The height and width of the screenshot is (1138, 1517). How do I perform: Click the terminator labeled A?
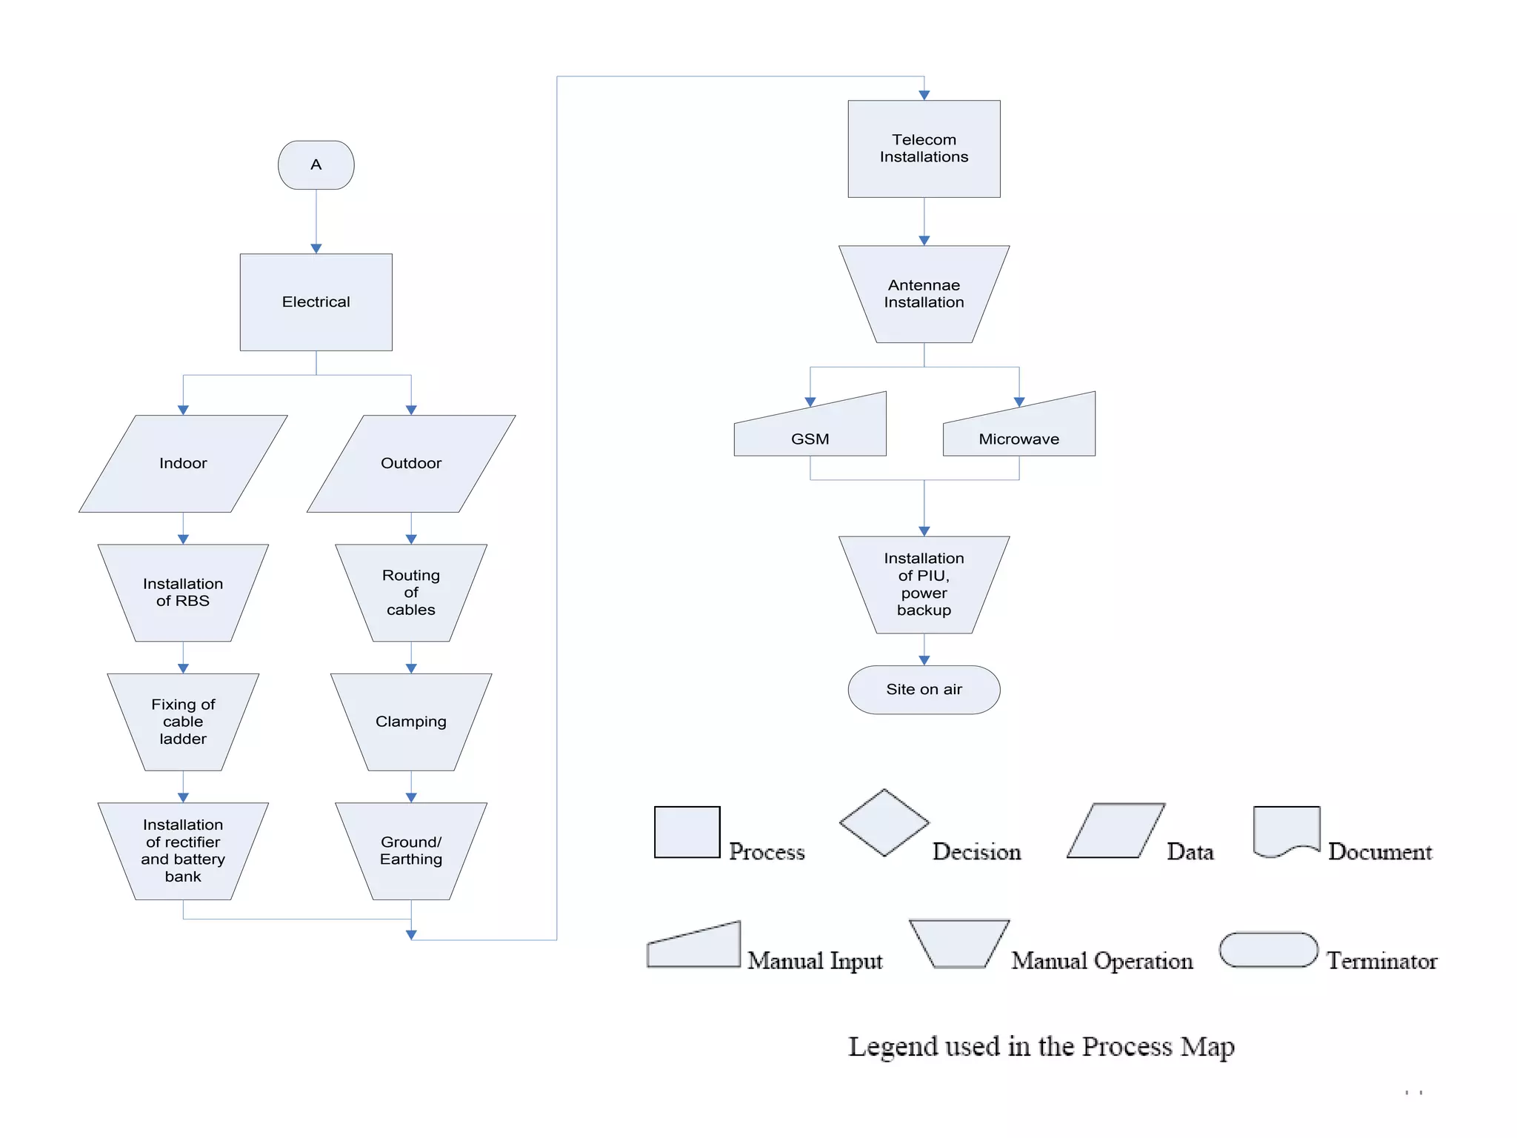pyautogui.click(x=316, y=164)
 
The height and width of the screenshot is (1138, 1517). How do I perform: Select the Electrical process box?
pyautogui.click(x=316, y=302)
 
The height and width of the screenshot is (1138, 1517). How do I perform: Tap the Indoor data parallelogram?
pyautogui.click(x=183, y=463)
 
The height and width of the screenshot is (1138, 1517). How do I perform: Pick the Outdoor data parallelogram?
pyautogui.click(x=411, y=463)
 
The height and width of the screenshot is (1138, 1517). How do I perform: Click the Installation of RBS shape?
pyautogui.click(x=183, y=592)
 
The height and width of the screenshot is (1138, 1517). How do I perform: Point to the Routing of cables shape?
pyautogui.click(x=411, y=592)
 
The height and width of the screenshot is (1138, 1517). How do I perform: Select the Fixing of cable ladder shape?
pyautogui.click(x=183, y=721)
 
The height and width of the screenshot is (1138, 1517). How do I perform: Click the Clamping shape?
pyautogui.click(x=411, y=721)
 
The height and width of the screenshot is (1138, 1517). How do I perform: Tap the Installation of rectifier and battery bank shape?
pyautogui.click(x=183, y=851)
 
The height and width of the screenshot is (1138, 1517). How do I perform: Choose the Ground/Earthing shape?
pyautogui.click(x=411, y=851)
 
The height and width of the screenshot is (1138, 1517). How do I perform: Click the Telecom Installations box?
pyautogui.click(x=924, y=148)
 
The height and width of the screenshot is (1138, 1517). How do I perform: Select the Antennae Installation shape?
pyautogui.click(x=924, y=293)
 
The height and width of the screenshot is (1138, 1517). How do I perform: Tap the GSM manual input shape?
pyautogui.click(x=810, y=433)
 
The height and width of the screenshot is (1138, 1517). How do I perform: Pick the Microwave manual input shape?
pyautogui.click(x=1018, y=433)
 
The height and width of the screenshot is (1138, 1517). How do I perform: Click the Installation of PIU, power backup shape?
pyautogui.click(x=924, y=584)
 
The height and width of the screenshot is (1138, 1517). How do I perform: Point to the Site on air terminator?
pyautogui.click(x=924, y=689)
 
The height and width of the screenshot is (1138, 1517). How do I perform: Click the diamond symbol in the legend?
pyautogui.click(x=884, y=822)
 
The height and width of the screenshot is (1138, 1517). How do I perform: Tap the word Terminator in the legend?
pyautogui.click(x=1381, y=961)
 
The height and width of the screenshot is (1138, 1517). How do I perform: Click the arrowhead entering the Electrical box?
pyautogui.click(x=316, y=249)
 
